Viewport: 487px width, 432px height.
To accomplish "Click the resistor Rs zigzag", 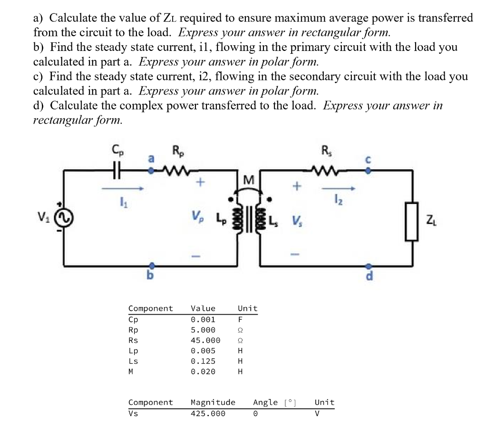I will pyautogui.click(x=327, y=170).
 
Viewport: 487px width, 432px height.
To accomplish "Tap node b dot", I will pyautogui.click(x=152, y=265).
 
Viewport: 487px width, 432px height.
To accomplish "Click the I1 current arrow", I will pyautogui.click(x=122, y=189).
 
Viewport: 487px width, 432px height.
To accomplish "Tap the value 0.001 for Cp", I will pyautogui.click(x=203, y=319).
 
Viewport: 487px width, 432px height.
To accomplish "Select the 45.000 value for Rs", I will pyautogui.click(x=205, y=340).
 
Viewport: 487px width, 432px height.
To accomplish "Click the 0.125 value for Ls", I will pyautogui.click(x=203, y=361).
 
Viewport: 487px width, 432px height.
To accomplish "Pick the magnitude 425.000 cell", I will pyautogui.click(x=208, y=413).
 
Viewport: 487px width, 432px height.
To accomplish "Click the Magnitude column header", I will pyautogui.click(x=213, y=402).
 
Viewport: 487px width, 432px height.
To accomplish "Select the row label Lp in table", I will pyautogui.click(x=134, y=351).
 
